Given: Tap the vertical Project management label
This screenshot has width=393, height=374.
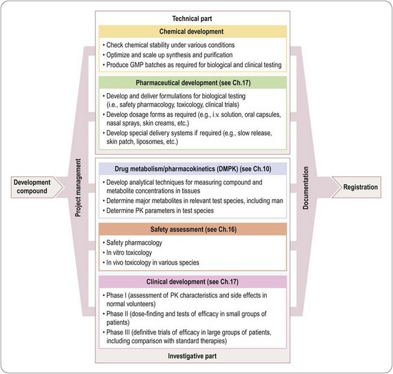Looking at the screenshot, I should [x=79, y=187].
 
